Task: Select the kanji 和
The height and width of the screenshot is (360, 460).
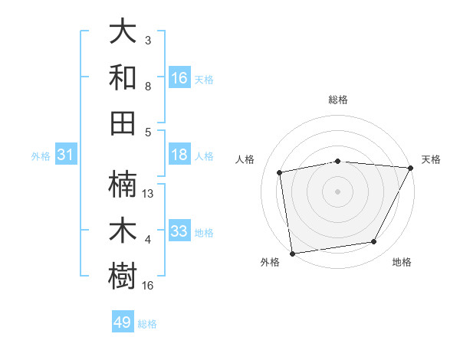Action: click(x=123, y=77)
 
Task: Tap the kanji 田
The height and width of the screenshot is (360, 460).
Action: click(x=123, y=122)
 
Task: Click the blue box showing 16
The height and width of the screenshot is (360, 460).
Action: click(x=179, y=78)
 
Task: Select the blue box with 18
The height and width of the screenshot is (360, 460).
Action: click(x=179, y=155)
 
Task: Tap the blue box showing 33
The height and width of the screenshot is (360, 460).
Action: click(x=179, y=231)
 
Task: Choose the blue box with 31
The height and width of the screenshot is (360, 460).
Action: click(x=65, y=155)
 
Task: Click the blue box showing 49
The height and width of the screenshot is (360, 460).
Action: click(x=123, y=322)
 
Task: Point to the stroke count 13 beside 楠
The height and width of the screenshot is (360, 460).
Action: click(x=149, y=194)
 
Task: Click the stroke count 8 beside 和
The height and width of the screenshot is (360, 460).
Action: click(x=148, y=87)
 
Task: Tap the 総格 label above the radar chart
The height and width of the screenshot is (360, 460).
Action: click(x=338, y=100)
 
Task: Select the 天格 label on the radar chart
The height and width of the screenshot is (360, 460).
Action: click(x=431, y=159)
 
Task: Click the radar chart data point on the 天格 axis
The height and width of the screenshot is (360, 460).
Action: click(x=410, y=168)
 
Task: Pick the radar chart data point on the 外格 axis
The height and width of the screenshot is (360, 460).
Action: click(x=292, y=253)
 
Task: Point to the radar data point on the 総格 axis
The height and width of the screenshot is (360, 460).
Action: click(x=338, y=161)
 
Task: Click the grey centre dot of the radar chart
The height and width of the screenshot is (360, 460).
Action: click(x=338, y=191)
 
